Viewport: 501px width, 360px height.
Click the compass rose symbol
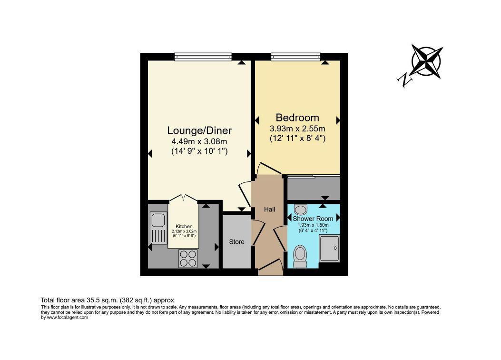(427, 61)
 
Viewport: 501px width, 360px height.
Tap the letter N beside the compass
(406, 80)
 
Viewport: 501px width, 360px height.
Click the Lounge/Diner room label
(199, 130)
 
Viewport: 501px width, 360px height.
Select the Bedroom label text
(297, 118)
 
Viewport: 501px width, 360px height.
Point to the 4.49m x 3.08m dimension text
(199, 142)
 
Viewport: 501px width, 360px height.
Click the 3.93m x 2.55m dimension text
(297, 129)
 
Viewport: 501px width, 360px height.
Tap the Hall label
(269, 210)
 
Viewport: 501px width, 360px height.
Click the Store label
(237, 242)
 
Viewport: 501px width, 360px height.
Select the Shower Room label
(313, 219)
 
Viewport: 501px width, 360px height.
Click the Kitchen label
(184, 226)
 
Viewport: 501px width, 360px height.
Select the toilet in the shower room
(300, 255)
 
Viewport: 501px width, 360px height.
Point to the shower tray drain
(337, 248)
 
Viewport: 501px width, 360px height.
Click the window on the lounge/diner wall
(203, 57)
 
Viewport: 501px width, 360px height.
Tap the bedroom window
(295, 57)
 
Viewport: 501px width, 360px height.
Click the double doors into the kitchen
(183, 198)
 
